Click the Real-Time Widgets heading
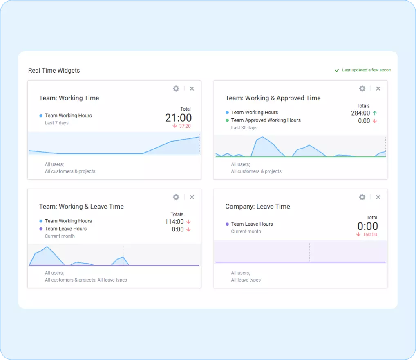click(54, 71)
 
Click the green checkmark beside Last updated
click(337, 70)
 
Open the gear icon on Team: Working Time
click(176, 89)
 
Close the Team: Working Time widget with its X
click(192, 89)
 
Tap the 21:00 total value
click(178, 118)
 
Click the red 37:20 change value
click(185, 126)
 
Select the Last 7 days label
click(56, 123)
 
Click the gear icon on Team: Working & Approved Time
click(362, 89)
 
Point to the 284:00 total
click(360, 113)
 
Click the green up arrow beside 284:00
click(375, 113)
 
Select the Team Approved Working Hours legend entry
click(266, 120)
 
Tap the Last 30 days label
click(244, 128)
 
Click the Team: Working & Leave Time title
click(81, 207)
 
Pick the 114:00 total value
click(174, 222)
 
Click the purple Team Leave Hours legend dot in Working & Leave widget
click(41, 229)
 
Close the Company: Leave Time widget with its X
click(378, 197)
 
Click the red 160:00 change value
click(369, 235)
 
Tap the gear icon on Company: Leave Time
click(362, 197)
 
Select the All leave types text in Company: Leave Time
click(246, 280)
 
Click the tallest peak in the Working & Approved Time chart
click(262, 138)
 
